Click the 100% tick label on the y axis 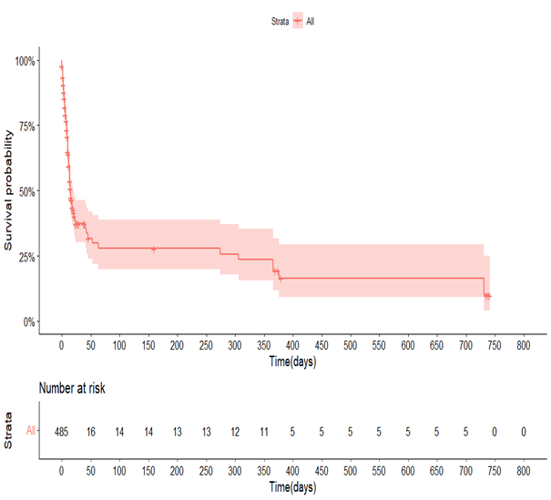24,61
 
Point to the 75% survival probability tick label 26,127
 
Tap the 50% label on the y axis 26,191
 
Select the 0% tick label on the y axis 28,321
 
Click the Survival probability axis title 8,190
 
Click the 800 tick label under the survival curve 523,347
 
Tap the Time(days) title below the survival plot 291,361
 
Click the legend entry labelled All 311,19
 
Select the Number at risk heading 72,389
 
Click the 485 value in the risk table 61,431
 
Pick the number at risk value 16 90,431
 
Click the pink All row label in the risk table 32,431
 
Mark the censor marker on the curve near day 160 153,248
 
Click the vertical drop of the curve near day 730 484,287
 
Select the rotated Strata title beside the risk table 8,431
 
